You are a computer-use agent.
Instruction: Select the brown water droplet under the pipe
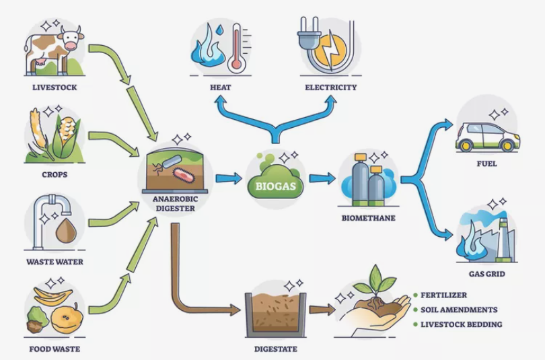(x=65, y=231)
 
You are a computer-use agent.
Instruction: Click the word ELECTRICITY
(x=330, y=87)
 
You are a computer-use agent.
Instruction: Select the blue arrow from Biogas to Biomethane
(x=322, y=178)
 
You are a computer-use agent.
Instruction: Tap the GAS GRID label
(x=487, y=275)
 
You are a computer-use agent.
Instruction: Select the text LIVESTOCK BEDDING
(x=461, y=324)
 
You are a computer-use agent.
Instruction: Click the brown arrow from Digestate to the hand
(x=322, y=310)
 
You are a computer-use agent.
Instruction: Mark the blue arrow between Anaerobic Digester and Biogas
(x=228, y=178)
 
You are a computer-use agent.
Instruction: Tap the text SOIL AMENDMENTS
(x=459, y=310)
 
